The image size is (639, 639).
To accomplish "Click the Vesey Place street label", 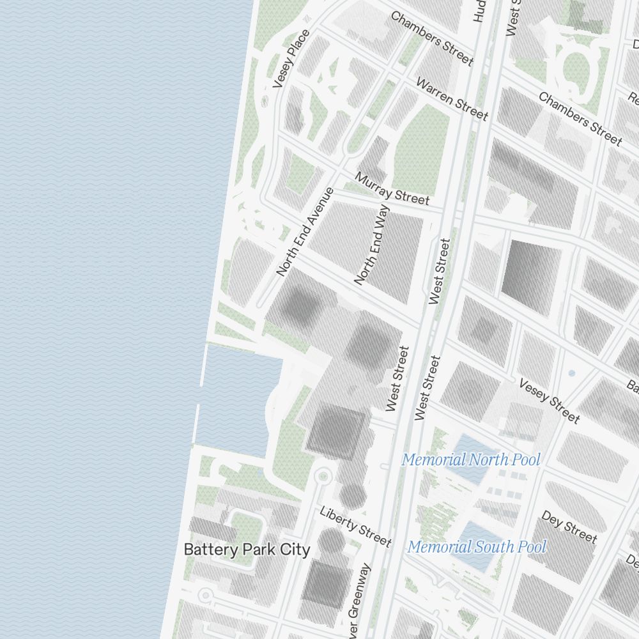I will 291,59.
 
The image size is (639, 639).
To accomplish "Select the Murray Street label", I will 392,189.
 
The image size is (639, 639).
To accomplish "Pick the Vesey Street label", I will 549,401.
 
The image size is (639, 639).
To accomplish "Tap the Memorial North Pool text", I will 471,459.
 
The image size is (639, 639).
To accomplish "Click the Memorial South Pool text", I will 477,547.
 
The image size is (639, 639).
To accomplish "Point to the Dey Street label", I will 569,527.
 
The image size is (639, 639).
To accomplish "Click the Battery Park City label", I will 247,550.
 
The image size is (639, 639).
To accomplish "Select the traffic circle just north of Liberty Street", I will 323,476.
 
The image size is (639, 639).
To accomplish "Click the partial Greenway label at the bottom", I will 359,601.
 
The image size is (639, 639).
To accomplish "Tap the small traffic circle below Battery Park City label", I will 205,596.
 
